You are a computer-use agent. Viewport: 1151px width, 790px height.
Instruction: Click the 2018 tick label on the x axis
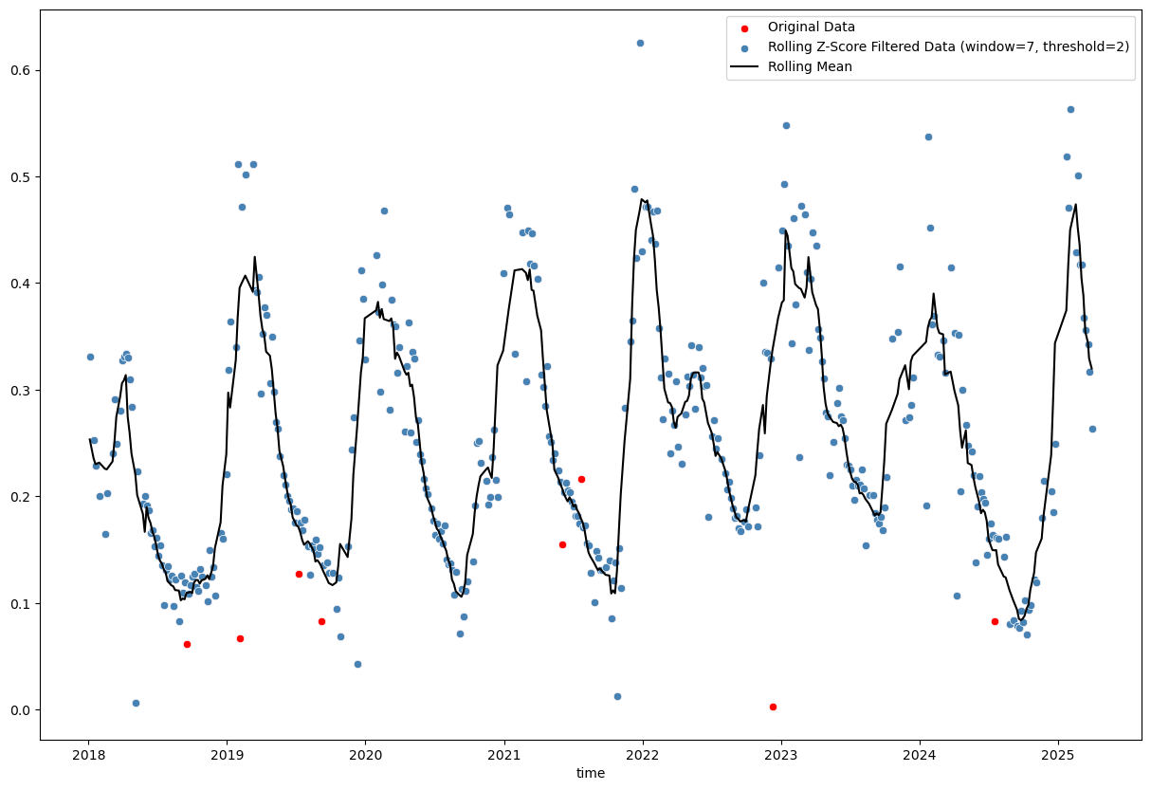[x=88, y=756]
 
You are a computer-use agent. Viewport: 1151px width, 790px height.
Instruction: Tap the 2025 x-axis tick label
[x=1057, y=756]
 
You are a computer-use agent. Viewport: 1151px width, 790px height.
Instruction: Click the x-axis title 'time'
[x=591, y=774]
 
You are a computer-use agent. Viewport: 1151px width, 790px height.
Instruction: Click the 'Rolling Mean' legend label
[x=810, y=66]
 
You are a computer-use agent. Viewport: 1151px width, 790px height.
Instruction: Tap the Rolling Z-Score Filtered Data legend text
[x=948, y=46]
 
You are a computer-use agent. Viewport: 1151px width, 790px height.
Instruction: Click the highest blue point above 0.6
[x=640, y=43]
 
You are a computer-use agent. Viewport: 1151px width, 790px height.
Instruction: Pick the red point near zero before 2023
[x=773, y=707]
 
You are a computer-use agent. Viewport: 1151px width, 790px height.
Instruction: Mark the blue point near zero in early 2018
[x=136, y=703]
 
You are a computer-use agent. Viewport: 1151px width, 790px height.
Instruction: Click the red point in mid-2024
[x=995, y=621]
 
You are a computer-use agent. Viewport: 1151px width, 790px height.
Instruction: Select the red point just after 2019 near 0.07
[x=240, y=638]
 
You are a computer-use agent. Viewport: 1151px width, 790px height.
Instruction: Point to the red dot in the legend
[x=744, y=28]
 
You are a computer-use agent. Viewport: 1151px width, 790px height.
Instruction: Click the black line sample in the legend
[x=744, y=66]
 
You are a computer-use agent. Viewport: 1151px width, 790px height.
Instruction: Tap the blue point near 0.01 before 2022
[x=617, y=696]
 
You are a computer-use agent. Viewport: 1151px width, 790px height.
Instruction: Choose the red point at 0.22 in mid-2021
[x=581, y=479]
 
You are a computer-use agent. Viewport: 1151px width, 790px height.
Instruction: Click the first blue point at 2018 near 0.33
[x=90, y=357]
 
